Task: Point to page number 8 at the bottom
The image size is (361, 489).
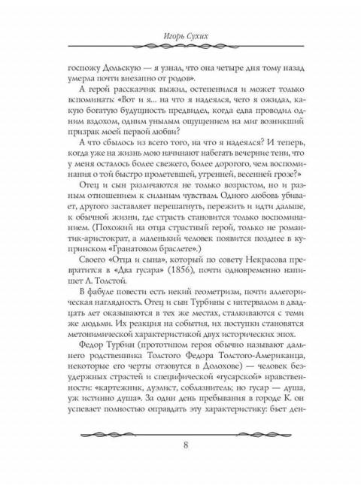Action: coord(184,443)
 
